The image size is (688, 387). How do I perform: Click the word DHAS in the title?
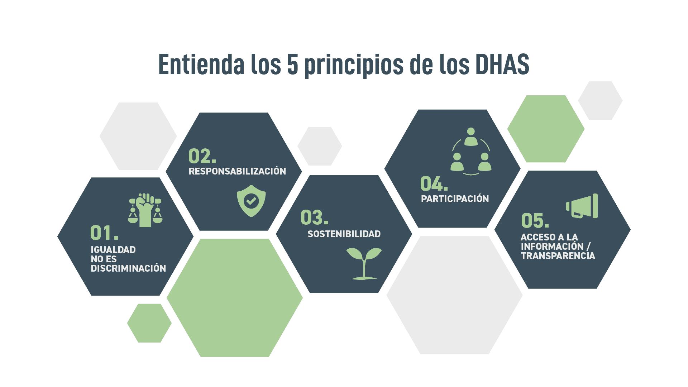click(x=502, y=64)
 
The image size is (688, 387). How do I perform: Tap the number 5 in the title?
click(x=292, y=64)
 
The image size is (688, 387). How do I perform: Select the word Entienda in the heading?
click(x=201, y=64)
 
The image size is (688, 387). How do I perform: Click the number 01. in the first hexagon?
click(x=104, y=233)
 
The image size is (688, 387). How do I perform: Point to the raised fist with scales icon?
click(x=145, y=210)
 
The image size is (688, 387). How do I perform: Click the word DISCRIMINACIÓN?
click(x=128, y=268)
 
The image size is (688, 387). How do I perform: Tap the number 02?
click(x=202, y=156)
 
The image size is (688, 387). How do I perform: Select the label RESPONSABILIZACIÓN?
click(x=237, y=171)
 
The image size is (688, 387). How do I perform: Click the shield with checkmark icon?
click(x=251, y=201)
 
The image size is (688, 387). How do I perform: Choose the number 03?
click(x=314, y=218)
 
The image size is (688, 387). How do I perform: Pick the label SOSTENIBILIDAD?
click(x=344, y=234)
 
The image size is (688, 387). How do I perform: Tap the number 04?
click(x=434, y=183)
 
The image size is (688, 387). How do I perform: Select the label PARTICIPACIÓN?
click(x=455, y=199)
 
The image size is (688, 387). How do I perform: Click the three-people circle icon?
click(x=471, y=152)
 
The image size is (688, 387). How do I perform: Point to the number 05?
click(x=535, y=220)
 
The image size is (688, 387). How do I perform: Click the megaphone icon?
click(x=582, y=206)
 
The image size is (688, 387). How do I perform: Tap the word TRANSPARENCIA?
click(x=558, y=256)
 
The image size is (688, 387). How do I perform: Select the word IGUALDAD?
click(x=113, y=250)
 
